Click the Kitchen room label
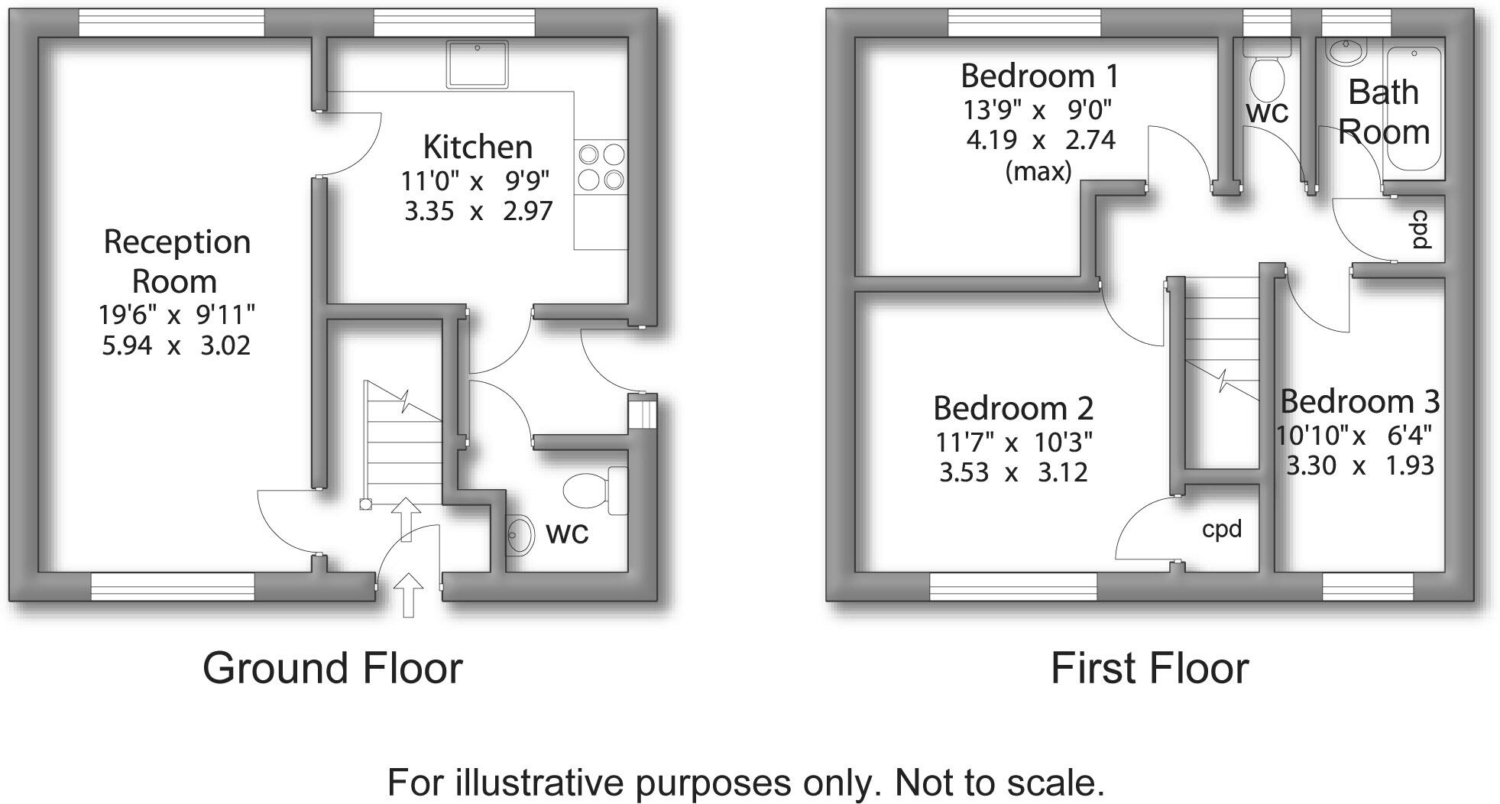tap(478, 147)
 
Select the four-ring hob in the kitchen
tap(601, 167)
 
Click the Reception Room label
tap(177, 261)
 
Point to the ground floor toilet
tap(594, 490)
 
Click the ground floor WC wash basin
tap(522, 534)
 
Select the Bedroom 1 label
tap(1039, 76)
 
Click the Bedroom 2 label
tap(1013, 408)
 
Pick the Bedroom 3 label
tap(1359, 401)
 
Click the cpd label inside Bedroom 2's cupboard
tap(1221, 529)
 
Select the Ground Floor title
tap(332, 668)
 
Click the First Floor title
tap(1149, 668)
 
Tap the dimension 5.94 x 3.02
tap(176, 345)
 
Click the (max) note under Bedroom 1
tap(1038, 171)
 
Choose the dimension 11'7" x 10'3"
tap(1013, 442)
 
